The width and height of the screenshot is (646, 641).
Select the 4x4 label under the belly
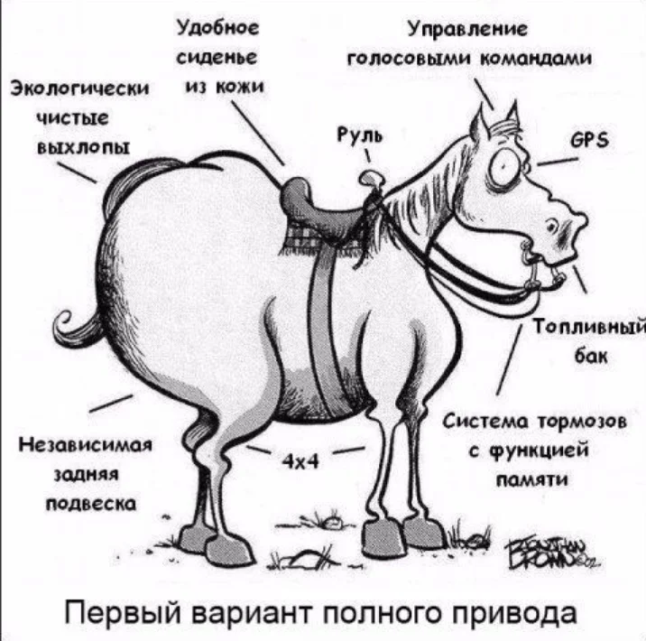click(297, 461)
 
